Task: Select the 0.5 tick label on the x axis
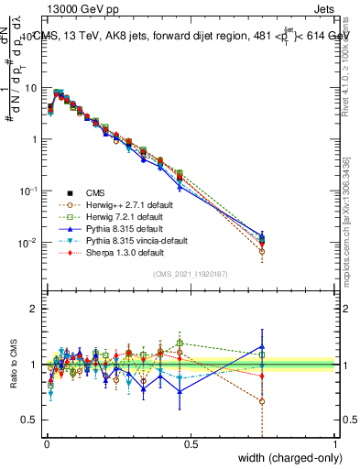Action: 191,443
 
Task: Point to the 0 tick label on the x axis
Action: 46,443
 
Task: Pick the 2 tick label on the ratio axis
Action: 35,309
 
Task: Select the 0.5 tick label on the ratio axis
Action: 30,421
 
